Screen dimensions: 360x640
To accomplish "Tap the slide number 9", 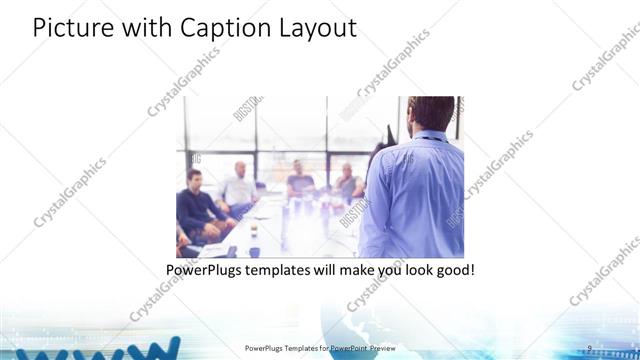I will point(590,348).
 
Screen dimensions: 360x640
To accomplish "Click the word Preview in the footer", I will point(381,348).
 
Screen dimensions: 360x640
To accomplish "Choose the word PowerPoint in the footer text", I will point(343,348).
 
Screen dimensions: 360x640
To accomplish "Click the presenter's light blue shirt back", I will point(415,195).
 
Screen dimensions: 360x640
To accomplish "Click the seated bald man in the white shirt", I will point(239,186).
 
